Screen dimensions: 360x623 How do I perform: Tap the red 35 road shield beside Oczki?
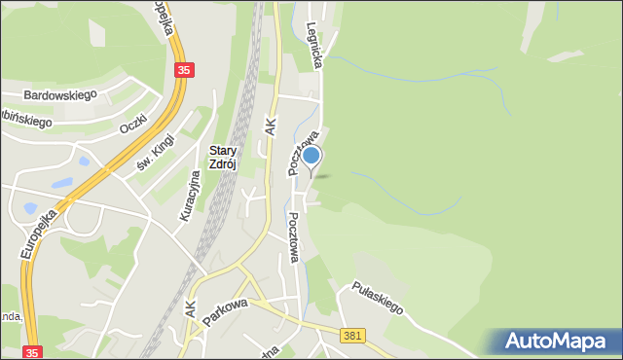(x=184, y=70)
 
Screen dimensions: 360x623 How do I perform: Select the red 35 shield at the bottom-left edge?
(x=33, y=352)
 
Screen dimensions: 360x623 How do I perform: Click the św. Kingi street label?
(x=154, y=158)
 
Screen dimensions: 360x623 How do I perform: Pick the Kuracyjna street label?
(x=190, y=196)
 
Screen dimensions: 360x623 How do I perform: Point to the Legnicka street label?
(x=314, y=46)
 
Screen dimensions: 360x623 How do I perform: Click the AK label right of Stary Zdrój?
(x=272, y=124)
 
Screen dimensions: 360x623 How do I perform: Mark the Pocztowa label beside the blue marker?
(x=295, y=155)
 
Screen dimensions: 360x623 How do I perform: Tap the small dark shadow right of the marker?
(x=324, y=176)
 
